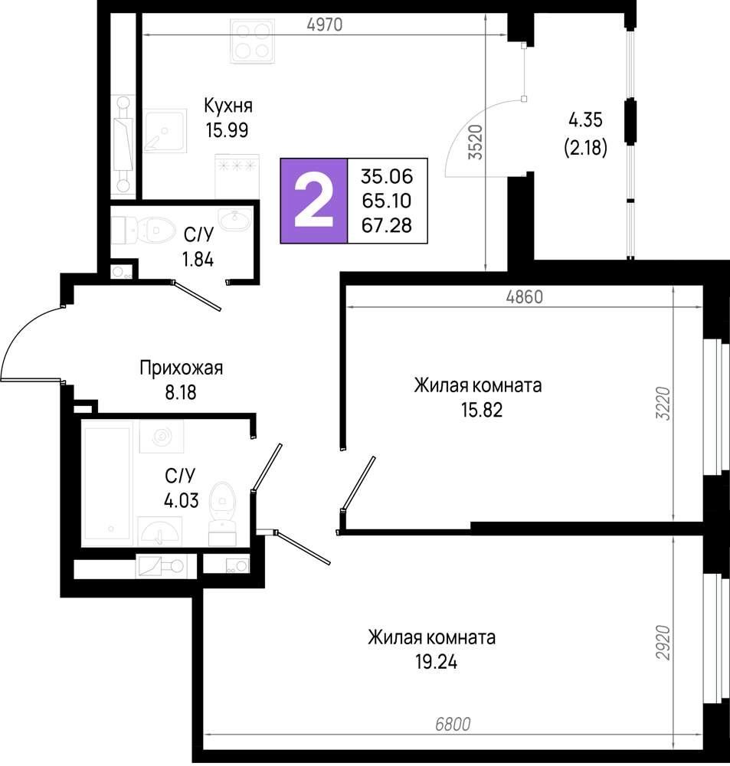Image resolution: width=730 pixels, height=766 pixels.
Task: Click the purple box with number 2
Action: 314,201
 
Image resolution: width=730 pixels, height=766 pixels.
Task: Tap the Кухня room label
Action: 228,106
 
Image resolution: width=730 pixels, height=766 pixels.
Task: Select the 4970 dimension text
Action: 325,25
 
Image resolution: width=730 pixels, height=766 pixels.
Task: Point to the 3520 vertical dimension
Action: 476,142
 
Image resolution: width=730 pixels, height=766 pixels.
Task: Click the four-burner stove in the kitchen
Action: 252,41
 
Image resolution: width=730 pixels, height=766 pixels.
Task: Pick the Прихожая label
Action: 182,368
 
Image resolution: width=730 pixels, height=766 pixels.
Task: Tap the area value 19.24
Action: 437,663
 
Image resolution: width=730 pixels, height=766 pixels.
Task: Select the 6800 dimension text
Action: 453,724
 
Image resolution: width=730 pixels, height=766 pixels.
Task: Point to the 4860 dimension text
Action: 524,296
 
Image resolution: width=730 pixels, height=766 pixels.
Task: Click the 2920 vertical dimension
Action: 663,642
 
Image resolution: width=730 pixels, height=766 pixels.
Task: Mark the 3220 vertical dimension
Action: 663,404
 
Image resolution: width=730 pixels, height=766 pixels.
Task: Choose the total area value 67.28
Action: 387,225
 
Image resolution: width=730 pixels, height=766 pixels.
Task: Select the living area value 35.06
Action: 387,176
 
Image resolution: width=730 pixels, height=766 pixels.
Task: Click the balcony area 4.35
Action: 585,120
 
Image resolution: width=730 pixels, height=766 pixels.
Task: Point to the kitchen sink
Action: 165,131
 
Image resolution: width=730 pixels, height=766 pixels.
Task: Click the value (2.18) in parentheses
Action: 585,147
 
